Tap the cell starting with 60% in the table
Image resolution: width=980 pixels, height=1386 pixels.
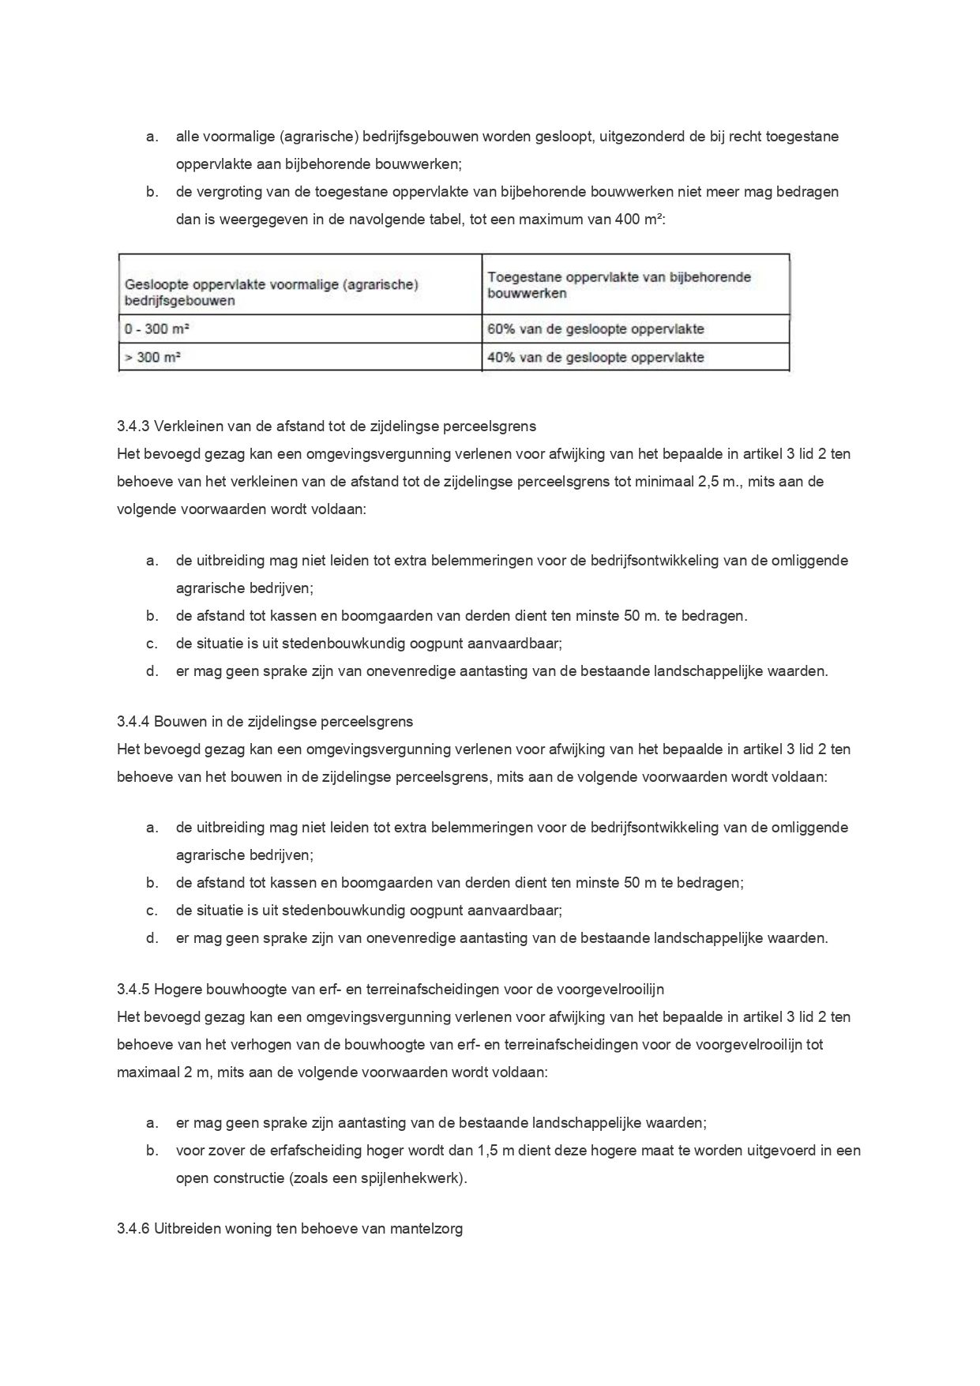coord(595,329)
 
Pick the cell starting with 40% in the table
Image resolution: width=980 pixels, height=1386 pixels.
coord(595,358)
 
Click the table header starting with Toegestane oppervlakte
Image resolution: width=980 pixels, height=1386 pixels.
coord(619,285)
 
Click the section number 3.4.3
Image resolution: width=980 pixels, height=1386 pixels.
coord(133,426)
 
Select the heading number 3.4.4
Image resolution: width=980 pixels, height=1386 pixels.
coord(133,722)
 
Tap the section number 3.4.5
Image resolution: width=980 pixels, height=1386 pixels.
coord(133,990)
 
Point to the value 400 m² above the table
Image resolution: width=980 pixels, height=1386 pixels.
coord(640,220)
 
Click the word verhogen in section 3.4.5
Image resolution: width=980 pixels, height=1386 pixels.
coord(255,1045)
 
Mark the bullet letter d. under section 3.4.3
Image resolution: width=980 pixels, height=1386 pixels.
coord(152,671)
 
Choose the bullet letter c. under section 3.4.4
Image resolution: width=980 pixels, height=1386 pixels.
coord(152,911)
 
